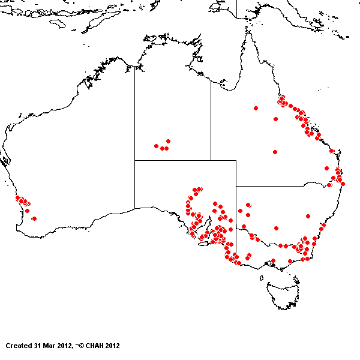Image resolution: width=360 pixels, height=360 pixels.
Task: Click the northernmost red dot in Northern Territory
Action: click(x=168, y=141)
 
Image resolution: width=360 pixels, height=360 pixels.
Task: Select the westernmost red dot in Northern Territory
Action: click(x=156, y=146)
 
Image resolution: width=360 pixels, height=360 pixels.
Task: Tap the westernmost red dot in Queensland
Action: click(x=256, y=109)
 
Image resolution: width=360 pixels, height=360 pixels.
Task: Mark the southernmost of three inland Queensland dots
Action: click(x=275, y=152)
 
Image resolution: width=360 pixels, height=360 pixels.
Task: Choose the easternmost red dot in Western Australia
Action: click(x=34, y=218)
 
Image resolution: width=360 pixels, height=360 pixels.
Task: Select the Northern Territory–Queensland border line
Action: click(x=211, y=120)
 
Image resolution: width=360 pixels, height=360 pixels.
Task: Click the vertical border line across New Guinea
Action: click(x=236, y=9)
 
